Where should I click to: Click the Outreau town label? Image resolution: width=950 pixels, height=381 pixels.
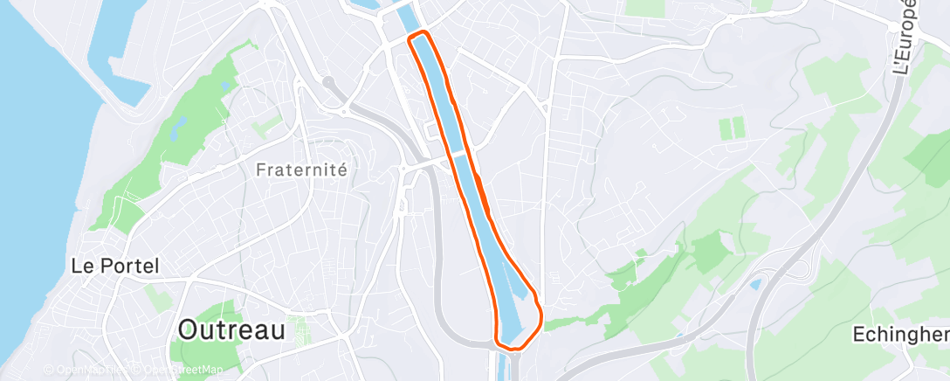coord(231,329)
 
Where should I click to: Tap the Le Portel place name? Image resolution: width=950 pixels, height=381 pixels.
coord(114,267)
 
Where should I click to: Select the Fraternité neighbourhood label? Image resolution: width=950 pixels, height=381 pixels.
coord(302,170)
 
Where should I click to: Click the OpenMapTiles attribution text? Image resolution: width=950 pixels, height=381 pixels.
coord(83,371)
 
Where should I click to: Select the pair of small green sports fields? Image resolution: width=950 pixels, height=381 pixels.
coord(732,128)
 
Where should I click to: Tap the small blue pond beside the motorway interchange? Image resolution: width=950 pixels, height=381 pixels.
coord(755,284)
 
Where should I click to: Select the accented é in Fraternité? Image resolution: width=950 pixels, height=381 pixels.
coord(341,170)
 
